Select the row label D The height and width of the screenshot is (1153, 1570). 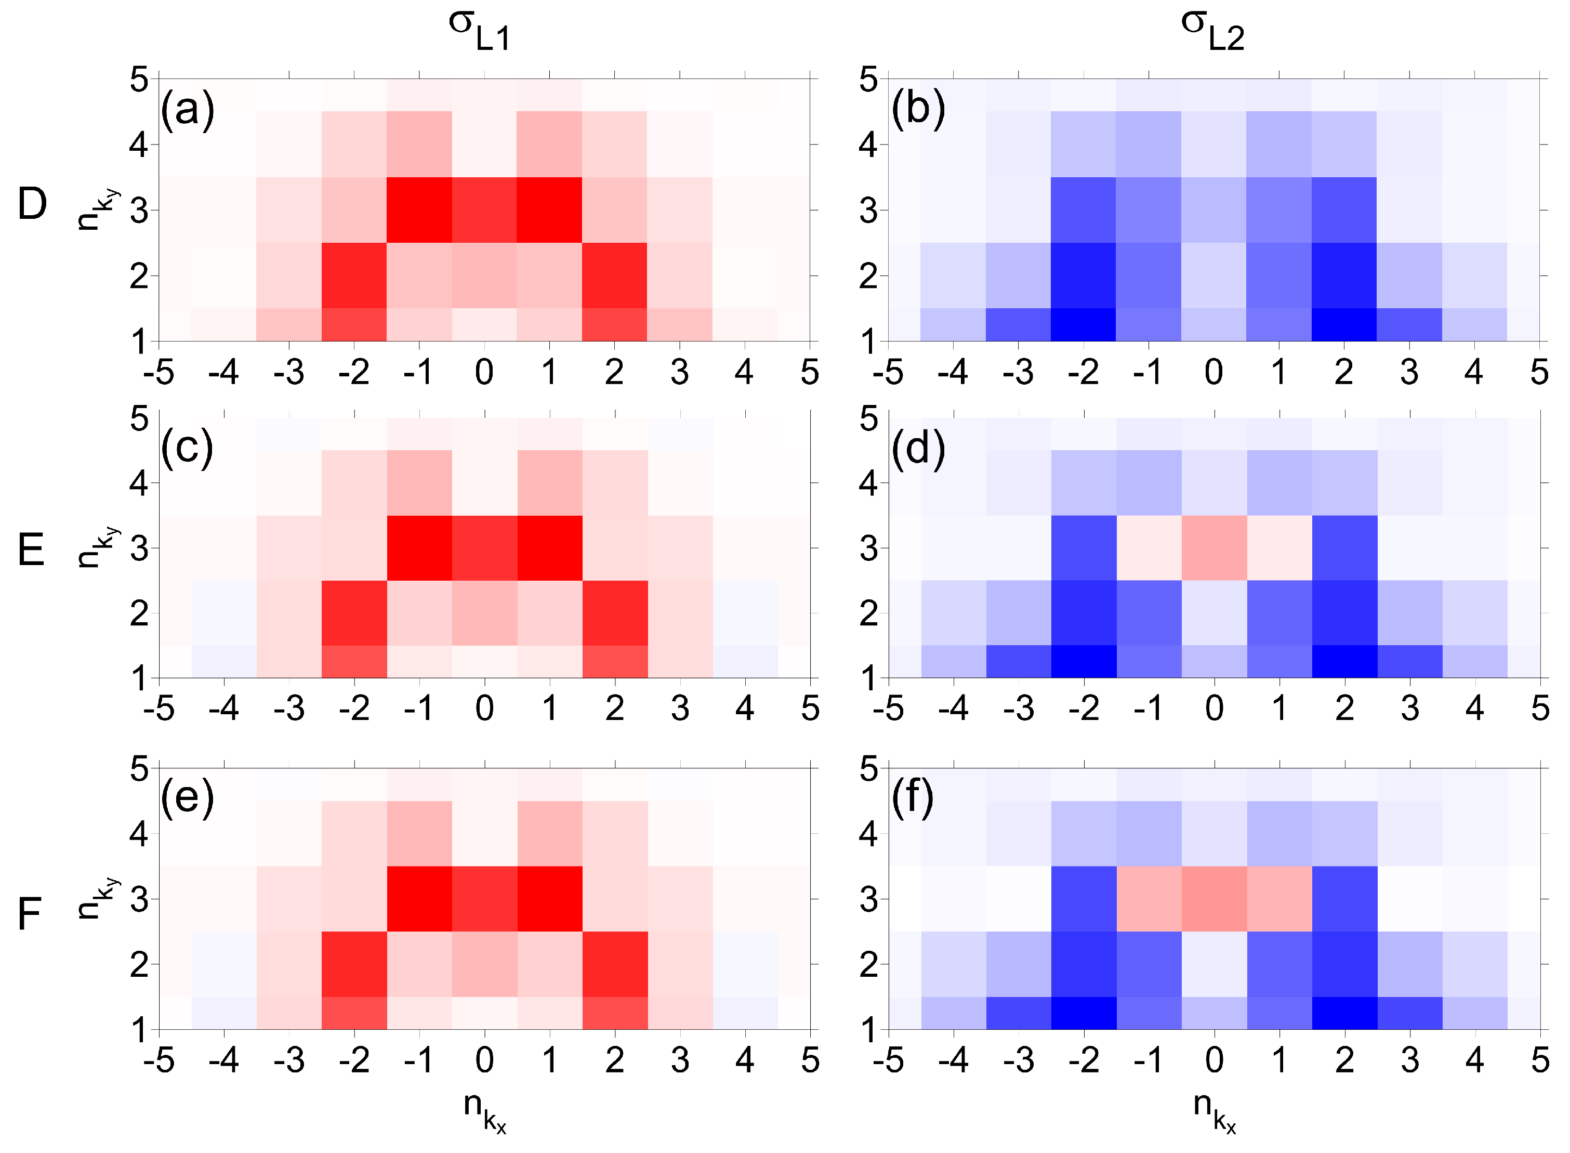point(32,204)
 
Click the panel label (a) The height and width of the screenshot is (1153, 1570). point(187,110)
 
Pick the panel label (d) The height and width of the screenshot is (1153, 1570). point(918,448)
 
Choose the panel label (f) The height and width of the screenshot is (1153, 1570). point(913,798)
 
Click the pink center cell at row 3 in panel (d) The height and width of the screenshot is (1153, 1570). point(1214,548)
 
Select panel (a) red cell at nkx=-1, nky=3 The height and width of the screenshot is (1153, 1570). point(419,209)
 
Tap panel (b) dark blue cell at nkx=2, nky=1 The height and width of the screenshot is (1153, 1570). point(1344,324)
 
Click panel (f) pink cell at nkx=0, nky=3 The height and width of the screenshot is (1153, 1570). point(1214,898)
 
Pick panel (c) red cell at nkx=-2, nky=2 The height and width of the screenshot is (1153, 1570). point(354,613)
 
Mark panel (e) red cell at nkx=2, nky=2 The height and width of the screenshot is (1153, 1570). point(615,964)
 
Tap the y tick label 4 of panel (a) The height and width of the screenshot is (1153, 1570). point(139,145)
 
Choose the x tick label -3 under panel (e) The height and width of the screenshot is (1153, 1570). point(288,1060)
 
